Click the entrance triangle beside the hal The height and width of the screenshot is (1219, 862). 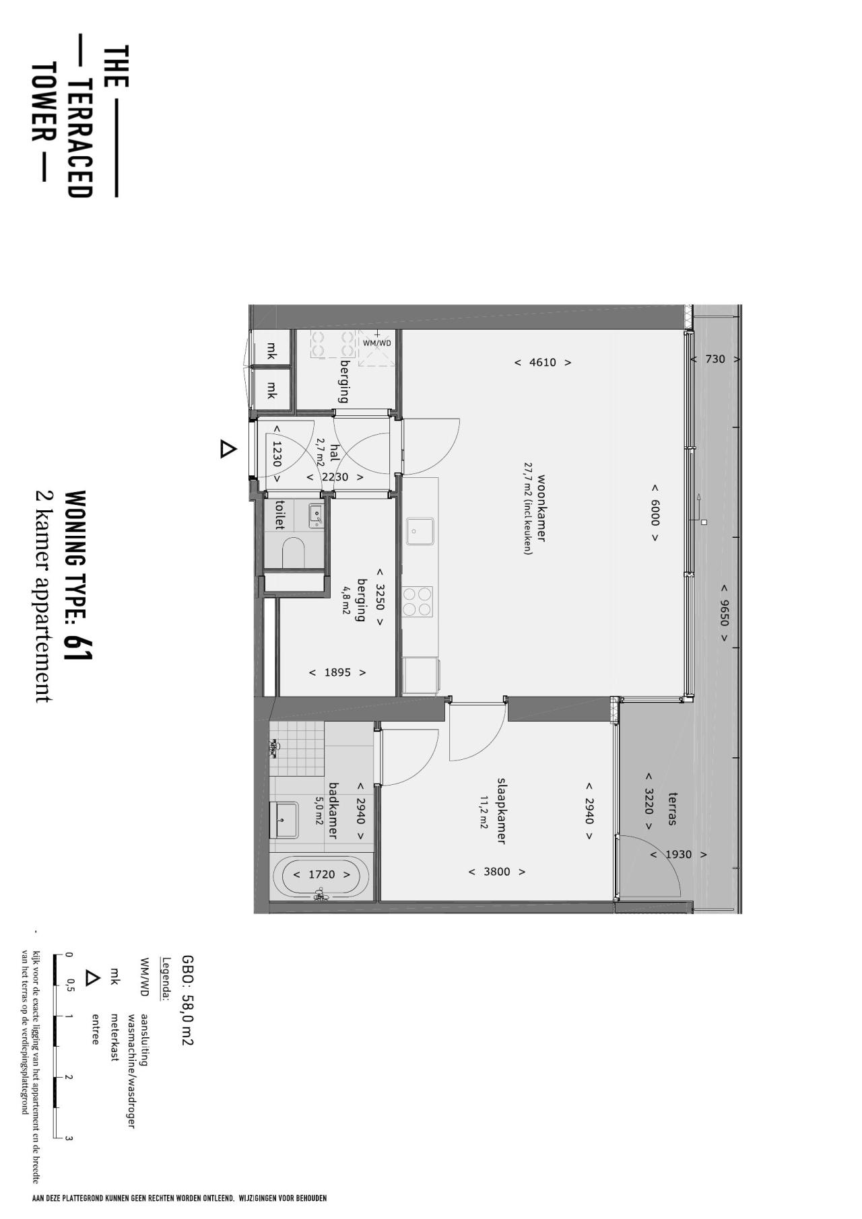point(228,449)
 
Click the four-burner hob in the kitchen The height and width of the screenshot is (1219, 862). point(418,602)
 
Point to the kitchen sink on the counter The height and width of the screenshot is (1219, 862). point(420,531)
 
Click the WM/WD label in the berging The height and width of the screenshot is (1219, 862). point(376,343)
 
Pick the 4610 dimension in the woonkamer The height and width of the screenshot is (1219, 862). point(543,362)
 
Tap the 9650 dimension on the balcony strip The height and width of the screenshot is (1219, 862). point(724,612)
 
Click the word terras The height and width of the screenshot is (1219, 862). point(671,809)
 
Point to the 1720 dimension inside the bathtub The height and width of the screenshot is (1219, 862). point(321,874)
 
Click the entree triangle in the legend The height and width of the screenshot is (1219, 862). point(92,978)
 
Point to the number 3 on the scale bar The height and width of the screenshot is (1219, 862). point(69,1139)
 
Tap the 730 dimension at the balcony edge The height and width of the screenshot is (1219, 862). point(715,359)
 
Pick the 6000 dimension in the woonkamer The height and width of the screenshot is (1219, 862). point(655,512)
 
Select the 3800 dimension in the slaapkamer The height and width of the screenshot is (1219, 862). point(497,872)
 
